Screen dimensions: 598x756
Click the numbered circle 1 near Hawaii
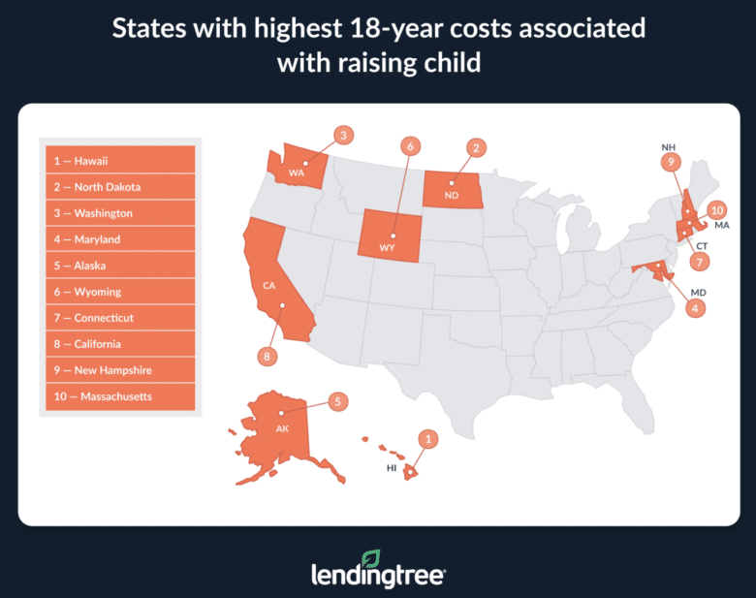tap(423, 439)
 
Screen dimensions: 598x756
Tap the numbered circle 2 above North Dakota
tap(475, 147)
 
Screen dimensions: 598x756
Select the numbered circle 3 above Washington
tap(341, 136)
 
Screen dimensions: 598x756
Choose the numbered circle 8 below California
tap(267, 357)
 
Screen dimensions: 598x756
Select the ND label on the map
tap(452, 194)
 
